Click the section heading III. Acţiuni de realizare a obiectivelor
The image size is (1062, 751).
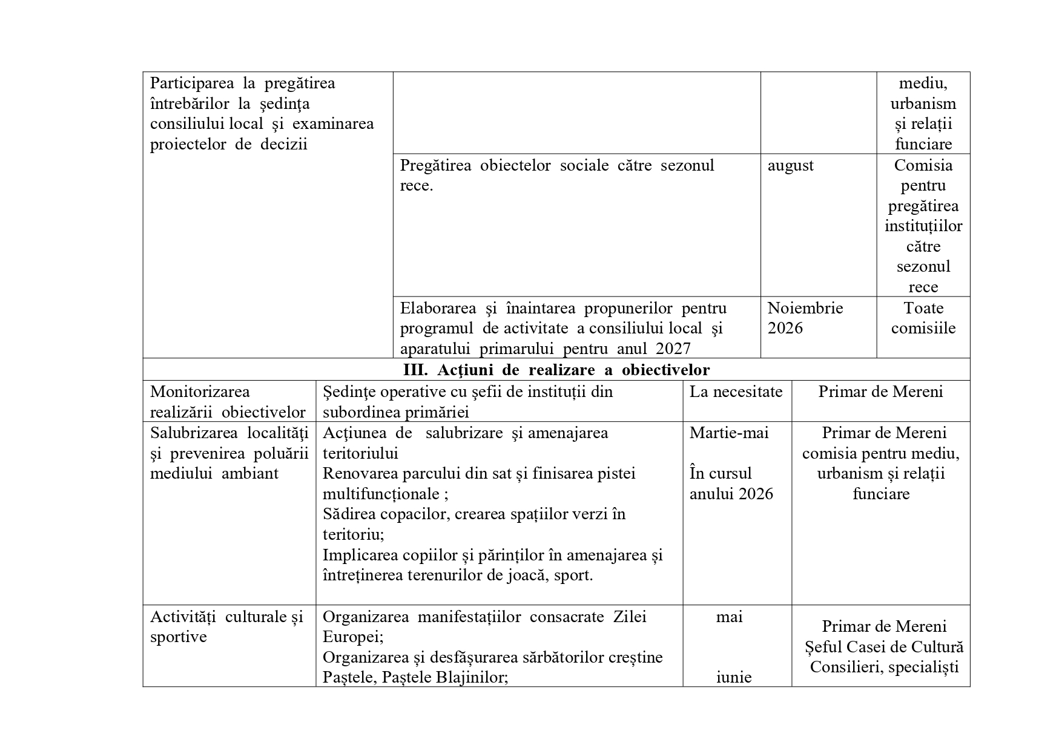[x=556, y=370]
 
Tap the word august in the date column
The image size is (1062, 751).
[x=791, y=165]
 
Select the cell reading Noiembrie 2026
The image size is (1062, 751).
[x=805, y=318]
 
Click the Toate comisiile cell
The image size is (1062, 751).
[x=923, y=318]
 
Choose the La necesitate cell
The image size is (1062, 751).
[x=736, y=392]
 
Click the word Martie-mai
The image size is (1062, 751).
[x=729, y=433]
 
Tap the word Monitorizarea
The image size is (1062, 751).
[x=200, y=392]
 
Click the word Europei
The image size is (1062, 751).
[x=351, y=637]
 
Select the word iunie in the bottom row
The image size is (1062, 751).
[x=734, y=677]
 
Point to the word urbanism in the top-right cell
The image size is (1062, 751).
[x=923, y=103]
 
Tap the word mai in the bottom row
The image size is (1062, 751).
[x=729, y=617]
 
